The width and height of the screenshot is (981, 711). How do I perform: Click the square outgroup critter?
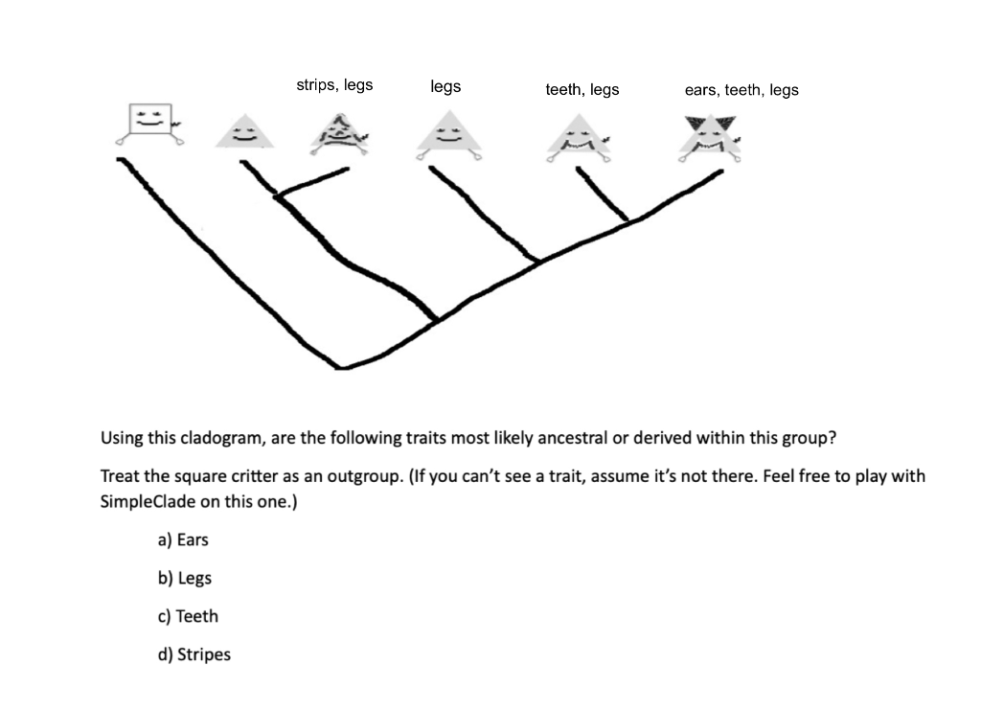coord(150,122)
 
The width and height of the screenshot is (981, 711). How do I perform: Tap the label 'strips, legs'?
coord(334,85)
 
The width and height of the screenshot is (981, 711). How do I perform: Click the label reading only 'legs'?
coord(445,86)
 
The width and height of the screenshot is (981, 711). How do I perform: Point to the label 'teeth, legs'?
coord(582,90)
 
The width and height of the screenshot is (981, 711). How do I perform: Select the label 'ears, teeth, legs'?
coord(741,90)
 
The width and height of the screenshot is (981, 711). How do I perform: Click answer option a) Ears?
coord(182,540)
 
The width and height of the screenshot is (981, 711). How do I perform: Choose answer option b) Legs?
coord(184,579)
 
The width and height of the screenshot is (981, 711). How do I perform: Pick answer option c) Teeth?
coord(187,617)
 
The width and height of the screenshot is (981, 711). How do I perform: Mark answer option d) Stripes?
coord(194,655)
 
